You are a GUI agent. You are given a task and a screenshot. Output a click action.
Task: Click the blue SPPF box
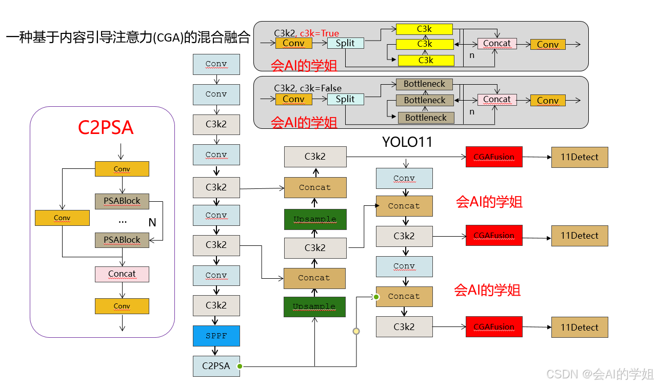click(216, 336)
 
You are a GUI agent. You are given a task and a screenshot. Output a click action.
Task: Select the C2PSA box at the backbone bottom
click(216, 366)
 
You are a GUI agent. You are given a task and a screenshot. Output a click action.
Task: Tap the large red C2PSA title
click(106, 128)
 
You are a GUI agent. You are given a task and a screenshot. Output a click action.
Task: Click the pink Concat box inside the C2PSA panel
click(122, 274)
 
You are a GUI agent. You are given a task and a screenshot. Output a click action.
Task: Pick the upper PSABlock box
click(122, 201)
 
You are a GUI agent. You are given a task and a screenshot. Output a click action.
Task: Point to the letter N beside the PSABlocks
click(152, 222)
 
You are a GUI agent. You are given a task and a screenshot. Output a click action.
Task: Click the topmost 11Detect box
click(580, 157)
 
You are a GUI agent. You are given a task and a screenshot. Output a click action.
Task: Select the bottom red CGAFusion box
click(494, 327)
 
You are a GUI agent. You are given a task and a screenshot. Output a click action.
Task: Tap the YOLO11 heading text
click(407, 142)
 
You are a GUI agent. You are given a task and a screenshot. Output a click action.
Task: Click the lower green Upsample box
click(314, 306)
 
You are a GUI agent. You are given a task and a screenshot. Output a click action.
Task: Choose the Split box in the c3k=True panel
click(345, 43)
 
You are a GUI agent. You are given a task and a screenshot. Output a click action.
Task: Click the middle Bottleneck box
click(425, 100)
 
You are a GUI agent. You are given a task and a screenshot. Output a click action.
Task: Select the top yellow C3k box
click(424, 29)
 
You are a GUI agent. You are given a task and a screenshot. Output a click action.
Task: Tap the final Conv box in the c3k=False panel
click(548, 101)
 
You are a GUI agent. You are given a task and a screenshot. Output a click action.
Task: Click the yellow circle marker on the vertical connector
click(356, 332)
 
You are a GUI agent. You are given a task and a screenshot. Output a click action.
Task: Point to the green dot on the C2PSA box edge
click(239, 366)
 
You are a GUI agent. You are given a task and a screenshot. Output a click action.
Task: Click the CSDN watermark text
click(600, 374)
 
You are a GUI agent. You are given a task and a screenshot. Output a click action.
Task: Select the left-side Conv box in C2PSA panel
click(62, 218)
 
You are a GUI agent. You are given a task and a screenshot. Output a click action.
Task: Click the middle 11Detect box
click(580, 236)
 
